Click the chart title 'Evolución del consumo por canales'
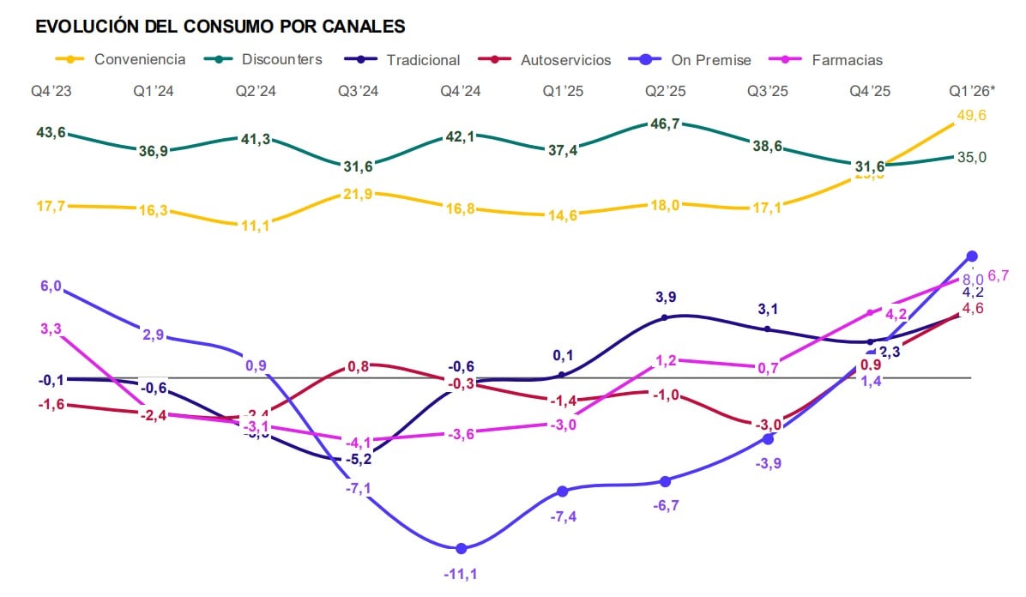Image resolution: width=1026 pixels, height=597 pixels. [220, 27]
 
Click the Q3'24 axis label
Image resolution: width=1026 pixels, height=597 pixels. [359, 91]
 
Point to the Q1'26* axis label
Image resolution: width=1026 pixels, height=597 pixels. [972, 91]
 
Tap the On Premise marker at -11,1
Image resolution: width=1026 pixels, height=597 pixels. [462, 548]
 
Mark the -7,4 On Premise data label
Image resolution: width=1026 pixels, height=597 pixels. [563, 517]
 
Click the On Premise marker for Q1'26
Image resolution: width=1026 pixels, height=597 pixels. [972, 256]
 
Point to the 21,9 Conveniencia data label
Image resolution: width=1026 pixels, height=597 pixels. [359, 195]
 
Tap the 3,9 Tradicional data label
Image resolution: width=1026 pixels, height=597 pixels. [665, 297]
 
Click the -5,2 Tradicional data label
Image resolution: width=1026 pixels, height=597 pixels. [359, 460]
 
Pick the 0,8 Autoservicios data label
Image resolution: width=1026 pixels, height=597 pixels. [359, 367]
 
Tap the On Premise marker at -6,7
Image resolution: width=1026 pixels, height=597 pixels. [665, 481]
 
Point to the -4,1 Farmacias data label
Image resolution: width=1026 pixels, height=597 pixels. [359, 443]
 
